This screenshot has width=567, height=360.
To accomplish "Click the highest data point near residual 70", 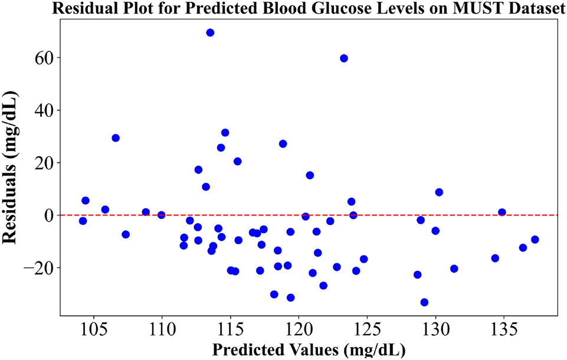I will coord(210,32).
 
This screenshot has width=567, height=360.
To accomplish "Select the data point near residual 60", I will coord(344,58).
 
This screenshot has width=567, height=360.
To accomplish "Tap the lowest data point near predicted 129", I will coord(424,302).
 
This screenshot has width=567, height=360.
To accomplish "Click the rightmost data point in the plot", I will coord(535,240).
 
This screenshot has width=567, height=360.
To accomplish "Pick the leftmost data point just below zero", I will coord(83,221).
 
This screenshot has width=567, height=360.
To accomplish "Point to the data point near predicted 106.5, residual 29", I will coord(116,138).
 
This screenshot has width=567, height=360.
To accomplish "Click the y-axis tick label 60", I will coord(45,58).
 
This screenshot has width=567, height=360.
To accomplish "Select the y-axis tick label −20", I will coord(38,267).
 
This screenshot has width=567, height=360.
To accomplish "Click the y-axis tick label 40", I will coord(45,110).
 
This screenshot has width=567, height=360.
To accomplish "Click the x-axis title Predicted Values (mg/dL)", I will coord(309,349).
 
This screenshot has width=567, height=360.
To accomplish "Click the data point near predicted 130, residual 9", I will coord(439,192).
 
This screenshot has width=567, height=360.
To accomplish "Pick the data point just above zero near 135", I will coord(502,212).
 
